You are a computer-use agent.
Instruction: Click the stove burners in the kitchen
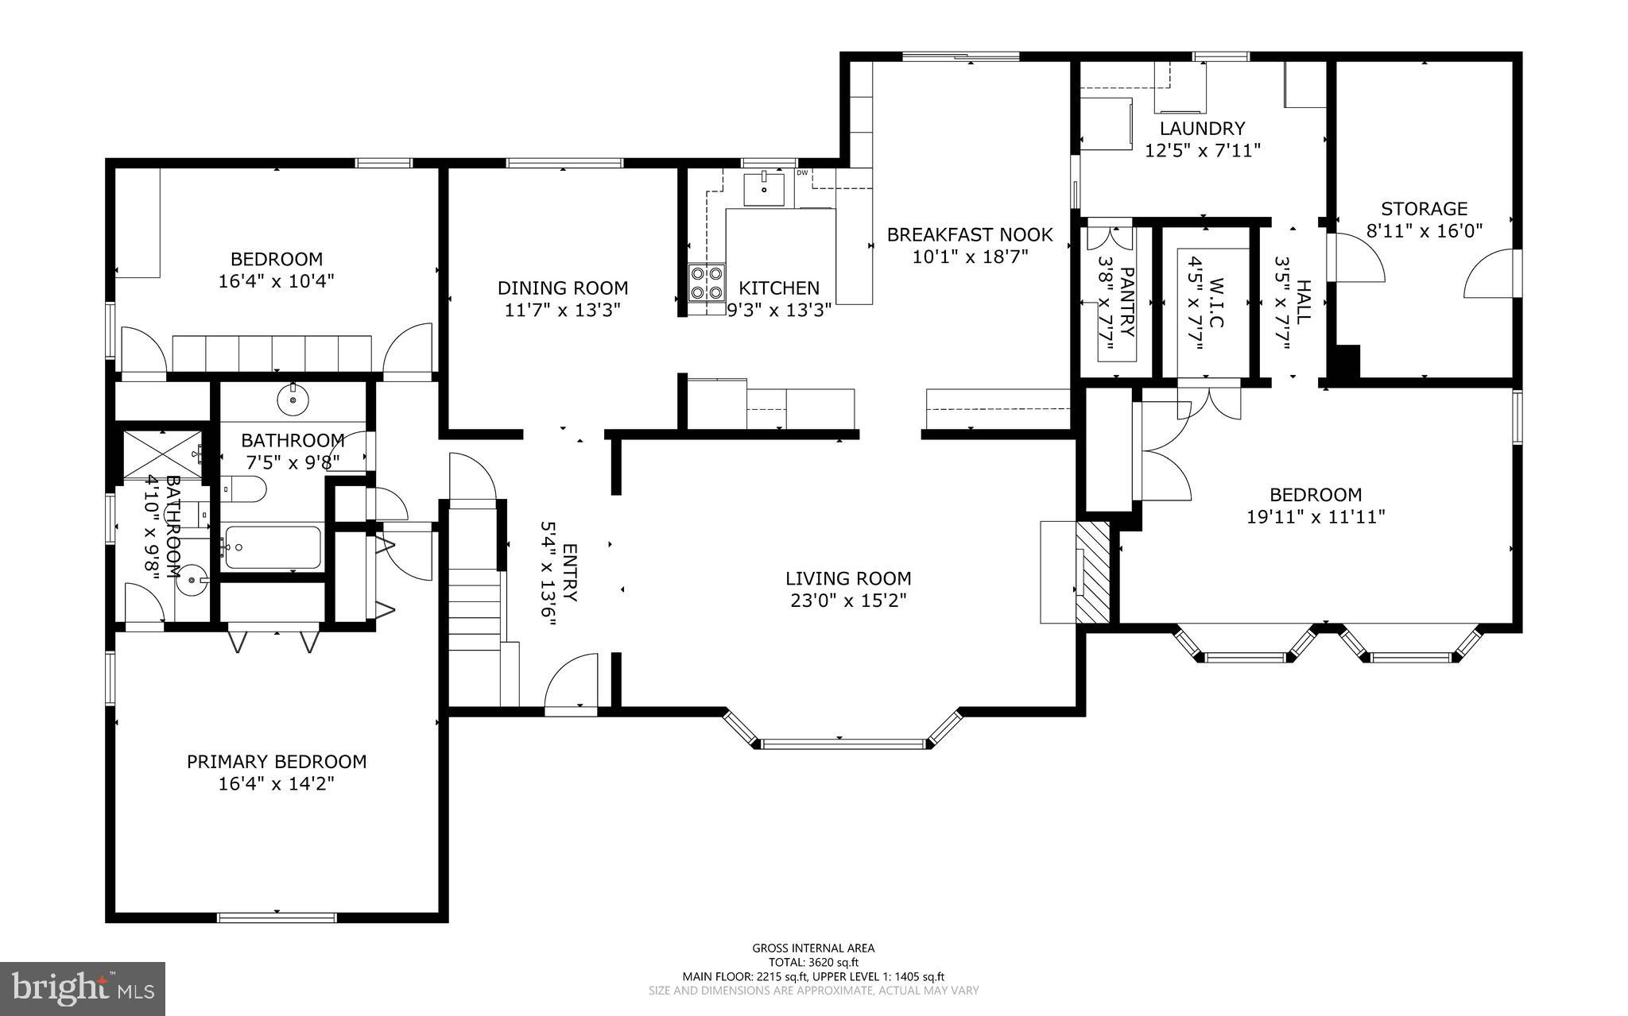point(707,282)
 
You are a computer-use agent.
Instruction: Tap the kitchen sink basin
point(763,189)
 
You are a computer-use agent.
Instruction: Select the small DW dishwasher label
point(802,172)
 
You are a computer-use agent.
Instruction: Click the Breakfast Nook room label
point(969,235)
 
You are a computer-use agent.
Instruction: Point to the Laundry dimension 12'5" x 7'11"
point(1202,149)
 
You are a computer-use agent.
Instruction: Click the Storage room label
point(1424,209)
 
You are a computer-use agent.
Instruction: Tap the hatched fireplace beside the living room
point(1092,572)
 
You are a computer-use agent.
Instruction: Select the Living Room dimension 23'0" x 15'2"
point(848,601)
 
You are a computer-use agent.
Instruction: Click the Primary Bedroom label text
point(277,762)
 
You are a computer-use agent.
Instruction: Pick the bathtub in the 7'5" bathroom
point(272,547)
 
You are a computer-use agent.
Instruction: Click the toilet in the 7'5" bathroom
point(243,490)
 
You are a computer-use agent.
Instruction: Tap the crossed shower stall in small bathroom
point(161,454)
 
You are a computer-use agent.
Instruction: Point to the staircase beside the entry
point(475,604)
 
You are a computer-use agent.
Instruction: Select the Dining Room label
point(563,288)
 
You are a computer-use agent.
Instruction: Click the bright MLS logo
point(83,988)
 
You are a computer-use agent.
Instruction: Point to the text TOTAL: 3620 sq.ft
point(813,962)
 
